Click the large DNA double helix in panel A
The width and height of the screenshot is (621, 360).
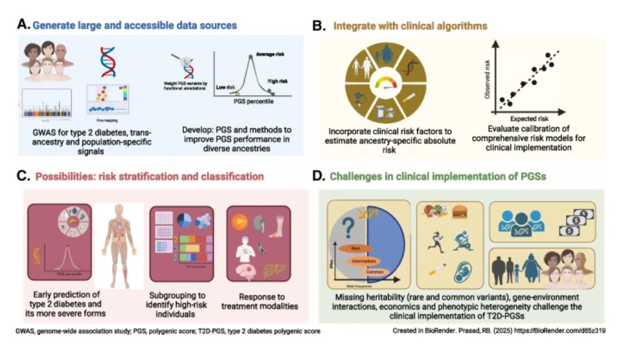107,62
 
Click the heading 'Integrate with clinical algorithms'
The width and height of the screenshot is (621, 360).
410,26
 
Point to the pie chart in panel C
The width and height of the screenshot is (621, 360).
184,220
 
